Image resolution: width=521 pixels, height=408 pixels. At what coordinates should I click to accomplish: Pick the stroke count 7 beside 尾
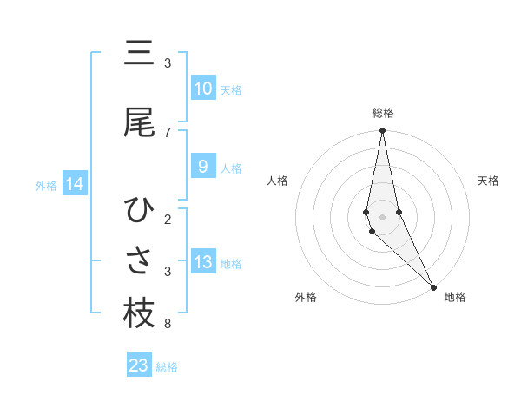click(168, 133)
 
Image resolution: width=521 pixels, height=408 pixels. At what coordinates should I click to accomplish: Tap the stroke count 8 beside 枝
click(168, 325)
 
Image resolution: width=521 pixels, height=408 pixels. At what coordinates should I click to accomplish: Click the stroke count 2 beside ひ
click(168, 220)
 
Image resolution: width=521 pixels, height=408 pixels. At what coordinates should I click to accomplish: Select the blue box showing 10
click(202, 89)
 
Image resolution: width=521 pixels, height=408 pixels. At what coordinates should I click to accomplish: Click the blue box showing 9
click(202, 167)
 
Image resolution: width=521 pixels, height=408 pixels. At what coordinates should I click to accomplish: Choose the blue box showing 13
click(202, 262)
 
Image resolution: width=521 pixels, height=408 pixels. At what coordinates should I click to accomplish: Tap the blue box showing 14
click(75, 184)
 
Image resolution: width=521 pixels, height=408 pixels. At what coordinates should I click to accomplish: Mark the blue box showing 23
click(139, 365)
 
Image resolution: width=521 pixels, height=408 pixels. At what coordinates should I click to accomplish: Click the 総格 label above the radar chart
click(383, 113)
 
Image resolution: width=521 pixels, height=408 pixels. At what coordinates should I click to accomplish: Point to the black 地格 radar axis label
click(455, 297)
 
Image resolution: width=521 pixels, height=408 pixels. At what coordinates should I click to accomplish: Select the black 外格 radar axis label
click(305, 297)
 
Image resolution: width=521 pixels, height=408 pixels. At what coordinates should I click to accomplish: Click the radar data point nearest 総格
click(383, 131)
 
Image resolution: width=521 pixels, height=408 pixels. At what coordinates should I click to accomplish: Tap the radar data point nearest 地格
click(433, 285)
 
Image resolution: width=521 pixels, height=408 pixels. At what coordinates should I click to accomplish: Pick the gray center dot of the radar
click(383, 216)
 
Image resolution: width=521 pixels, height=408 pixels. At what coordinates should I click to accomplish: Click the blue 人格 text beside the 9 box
click(231, 168)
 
